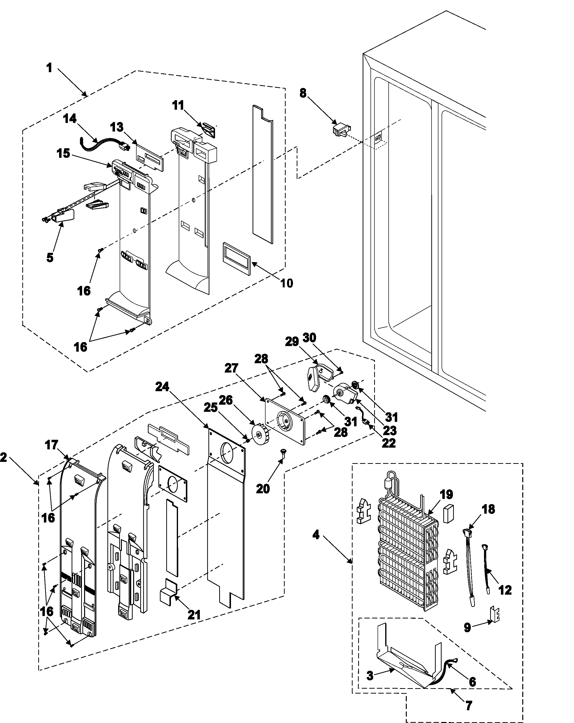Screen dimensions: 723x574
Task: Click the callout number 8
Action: [x=303, y=93]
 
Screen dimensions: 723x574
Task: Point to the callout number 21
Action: [x=194, y=615]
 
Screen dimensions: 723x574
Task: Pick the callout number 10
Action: [x=286, y=283]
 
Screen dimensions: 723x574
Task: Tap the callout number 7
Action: [x=469, y=705]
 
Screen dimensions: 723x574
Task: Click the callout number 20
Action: [x=263, y=489]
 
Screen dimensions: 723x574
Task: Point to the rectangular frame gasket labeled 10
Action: [x=236, y=259]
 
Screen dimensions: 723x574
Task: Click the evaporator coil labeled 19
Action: [x=407, y=557]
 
